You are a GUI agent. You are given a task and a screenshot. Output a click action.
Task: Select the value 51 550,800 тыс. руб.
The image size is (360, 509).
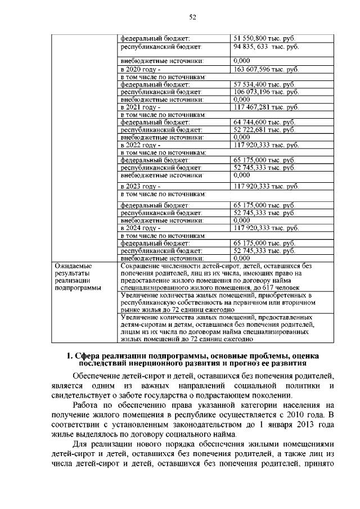click(x=265, y=37)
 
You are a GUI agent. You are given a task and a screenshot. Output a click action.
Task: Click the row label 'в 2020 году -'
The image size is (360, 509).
click(x=141, y=69)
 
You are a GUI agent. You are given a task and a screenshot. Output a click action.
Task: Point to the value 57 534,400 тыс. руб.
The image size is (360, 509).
click(x=264, y=84)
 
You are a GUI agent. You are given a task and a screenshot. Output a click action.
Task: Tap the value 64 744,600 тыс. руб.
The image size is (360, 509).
click(x=264, y=122)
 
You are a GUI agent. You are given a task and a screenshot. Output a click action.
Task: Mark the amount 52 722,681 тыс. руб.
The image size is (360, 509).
click(x=264, y=129)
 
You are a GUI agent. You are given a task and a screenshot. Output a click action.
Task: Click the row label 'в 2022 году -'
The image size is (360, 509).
click(x=141, y=145)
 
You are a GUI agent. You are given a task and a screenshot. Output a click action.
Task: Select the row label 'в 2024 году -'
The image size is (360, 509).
click(x=141, y=228)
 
